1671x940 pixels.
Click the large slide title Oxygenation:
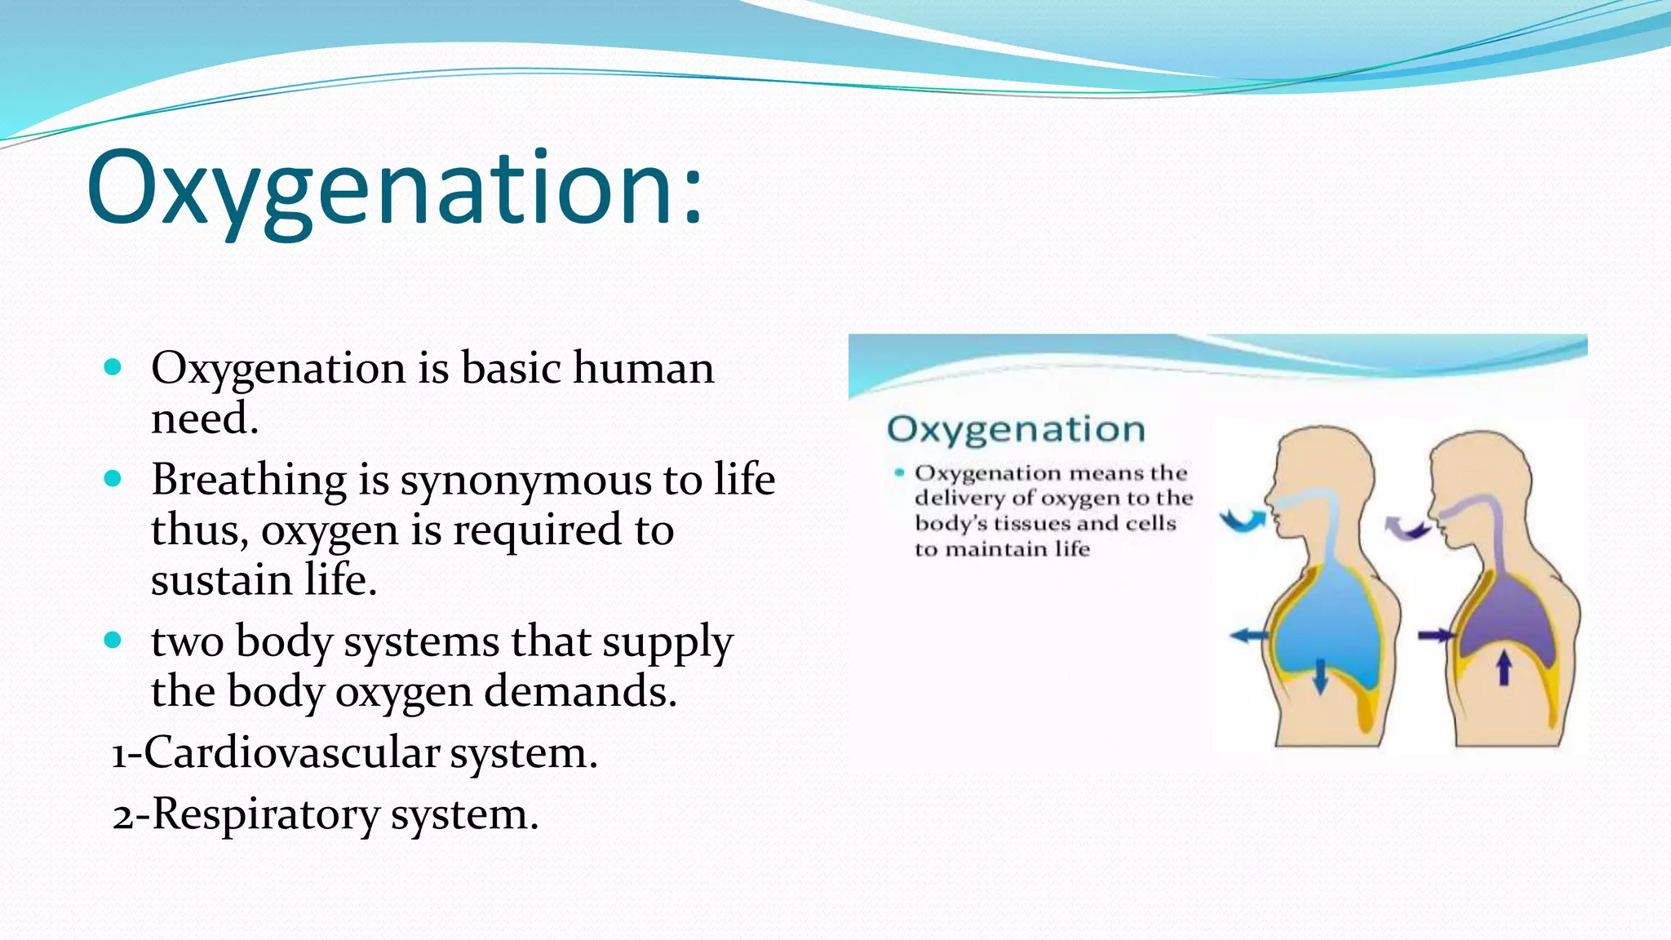(394, 189)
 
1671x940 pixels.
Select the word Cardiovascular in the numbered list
(291, 752)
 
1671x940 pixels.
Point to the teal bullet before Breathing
(113, 478)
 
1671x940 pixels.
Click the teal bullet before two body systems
(113, 640)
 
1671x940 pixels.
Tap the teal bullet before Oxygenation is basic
(113, 367)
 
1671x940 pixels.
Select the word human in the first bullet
(643, 368)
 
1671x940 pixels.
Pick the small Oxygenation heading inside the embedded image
(1016, 429)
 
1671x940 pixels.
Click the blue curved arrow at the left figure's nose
(1242, 520)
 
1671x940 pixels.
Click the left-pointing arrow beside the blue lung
(1249, 635)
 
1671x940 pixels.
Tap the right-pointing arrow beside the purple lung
(1435, 635)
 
